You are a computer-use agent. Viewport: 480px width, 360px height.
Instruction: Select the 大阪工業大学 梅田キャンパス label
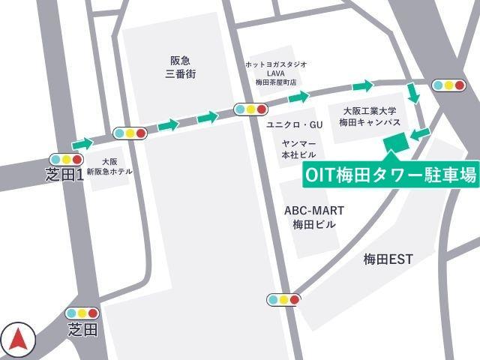pos(370,115)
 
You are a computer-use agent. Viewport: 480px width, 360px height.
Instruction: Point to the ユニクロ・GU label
pos(295,124)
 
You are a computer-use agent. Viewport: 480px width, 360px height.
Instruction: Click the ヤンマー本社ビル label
pos(298,148)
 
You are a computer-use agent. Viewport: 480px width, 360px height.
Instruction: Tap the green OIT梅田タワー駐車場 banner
pos(391,175)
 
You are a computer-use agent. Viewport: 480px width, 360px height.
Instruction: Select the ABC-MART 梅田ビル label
pos(310,217)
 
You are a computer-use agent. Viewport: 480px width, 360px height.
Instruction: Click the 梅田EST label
pos(388,259)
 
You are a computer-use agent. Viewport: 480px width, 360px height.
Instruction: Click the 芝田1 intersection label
pos(64,175)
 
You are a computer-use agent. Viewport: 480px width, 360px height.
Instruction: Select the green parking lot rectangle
pos(392,142)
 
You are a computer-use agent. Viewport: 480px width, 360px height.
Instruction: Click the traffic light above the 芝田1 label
pos(66,159)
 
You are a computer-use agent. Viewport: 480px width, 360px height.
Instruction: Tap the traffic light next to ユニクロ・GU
pos(250,109)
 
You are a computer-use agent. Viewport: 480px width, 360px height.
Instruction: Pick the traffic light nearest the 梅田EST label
pos(283,300)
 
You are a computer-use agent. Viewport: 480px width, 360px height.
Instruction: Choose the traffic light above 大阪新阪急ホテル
pos(130,133)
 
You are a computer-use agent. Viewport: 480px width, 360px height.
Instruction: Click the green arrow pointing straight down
pos(412,93)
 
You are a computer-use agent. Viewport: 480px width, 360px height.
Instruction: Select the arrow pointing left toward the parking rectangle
pos(420,133)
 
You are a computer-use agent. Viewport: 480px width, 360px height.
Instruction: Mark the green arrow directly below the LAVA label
pos(298,96)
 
